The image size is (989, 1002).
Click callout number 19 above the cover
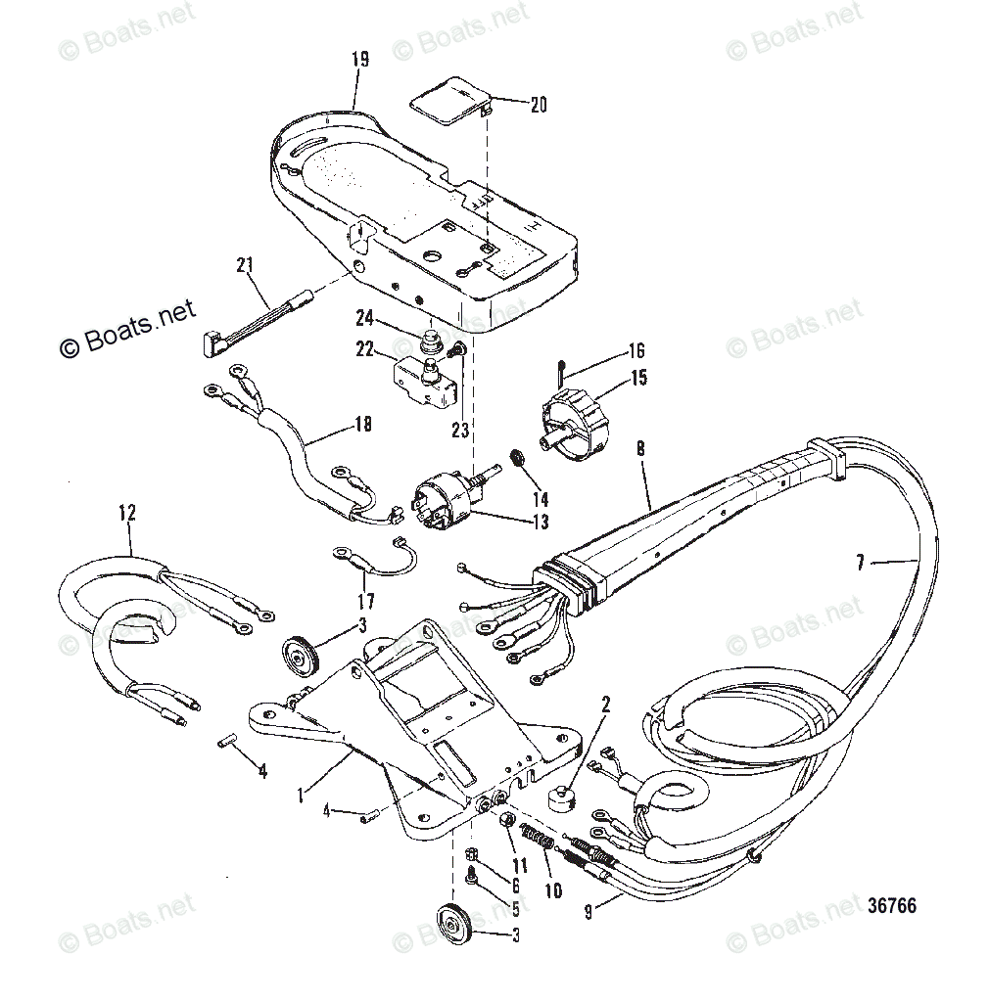(358, 60)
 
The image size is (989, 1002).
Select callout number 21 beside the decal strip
(245, 264)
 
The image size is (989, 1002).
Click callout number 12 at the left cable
(127, 512)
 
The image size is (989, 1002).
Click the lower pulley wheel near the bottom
(453, 923)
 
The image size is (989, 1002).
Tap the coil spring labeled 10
(537, 840)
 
